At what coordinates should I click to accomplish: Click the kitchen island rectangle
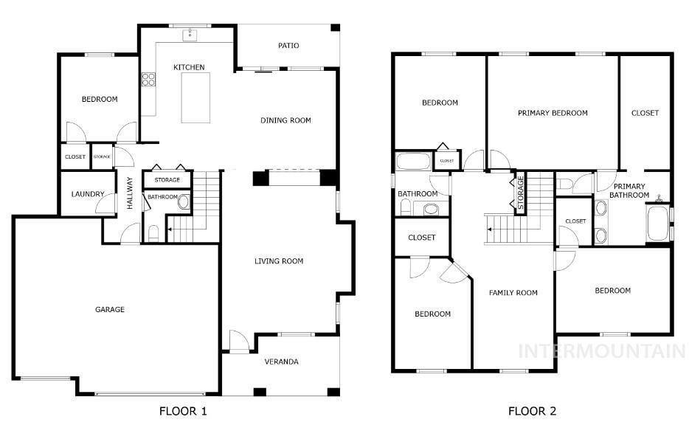pos(195,97)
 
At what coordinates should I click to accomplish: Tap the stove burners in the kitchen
pos(148,80)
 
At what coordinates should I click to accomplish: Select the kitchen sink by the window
pos(190,35)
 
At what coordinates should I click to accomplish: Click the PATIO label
pos(288,45)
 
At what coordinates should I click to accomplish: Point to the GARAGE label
pos(110,309)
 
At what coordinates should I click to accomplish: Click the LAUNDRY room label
pos(88,194)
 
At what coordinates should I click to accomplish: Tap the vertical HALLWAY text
pos(130,193)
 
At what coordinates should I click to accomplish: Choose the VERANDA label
pos(281,362)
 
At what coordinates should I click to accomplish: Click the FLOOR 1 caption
pos(183,411)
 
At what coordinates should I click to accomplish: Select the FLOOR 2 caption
pos(532,411)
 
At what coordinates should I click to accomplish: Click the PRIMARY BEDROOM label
pos(553,113)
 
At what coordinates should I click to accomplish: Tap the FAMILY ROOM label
pos(513,293)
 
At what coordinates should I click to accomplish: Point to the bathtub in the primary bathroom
pos(657,223)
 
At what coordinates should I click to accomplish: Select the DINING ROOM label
pos(285,120)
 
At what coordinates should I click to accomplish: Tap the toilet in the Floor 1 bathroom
pos(153,233)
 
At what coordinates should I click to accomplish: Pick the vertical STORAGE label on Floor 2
pos(521,193)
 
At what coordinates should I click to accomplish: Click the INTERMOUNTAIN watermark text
pos(602,351)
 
